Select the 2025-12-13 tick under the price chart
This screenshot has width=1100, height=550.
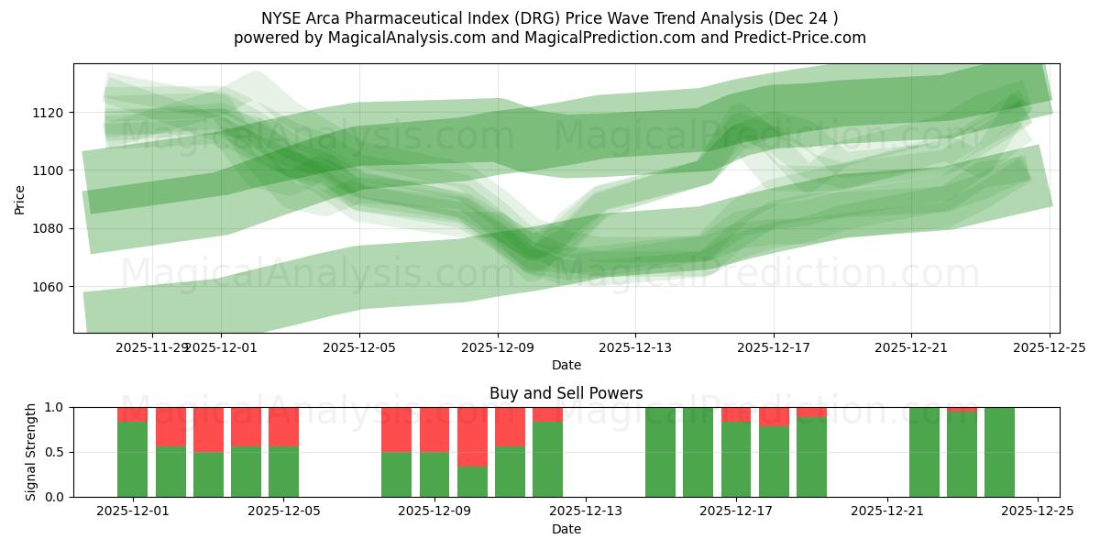point(635,347)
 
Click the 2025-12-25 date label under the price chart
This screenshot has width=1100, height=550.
point(1049,347)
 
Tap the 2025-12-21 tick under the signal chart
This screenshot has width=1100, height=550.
point(887,511)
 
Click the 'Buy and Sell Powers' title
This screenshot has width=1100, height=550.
point(566,393)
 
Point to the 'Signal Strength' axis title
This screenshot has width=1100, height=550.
point(31,451)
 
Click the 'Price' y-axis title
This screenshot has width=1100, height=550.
point(20,198)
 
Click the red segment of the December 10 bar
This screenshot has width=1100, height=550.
point(510,426)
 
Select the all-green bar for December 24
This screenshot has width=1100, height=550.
point(999,452)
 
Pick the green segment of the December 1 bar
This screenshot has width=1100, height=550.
point(132,458)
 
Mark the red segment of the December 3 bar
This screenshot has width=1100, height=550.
point(208,429)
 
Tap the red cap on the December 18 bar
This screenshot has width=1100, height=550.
point(774,416)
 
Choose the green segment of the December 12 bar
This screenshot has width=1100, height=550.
point(547,458)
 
